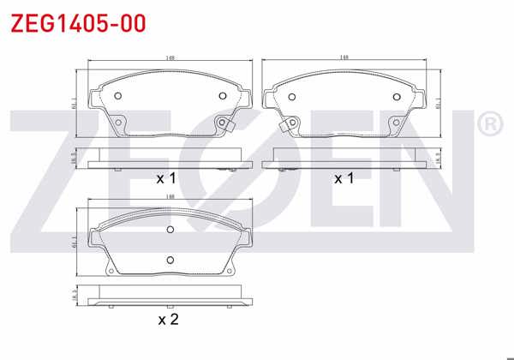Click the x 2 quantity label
pyautogui.click(x=167, y=320)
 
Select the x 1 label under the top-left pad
pyautogui.click(x=165, y=178)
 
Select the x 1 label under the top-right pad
pyautogui.click(x=344, y=178)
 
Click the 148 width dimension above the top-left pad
pyautogui.click(x=171, y=58)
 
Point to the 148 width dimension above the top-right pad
pyautogui.click(x=344, y=58)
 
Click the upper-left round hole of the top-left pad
pyautogui.click(x=119, y=95)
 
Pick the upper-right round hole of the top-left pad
pyautogui.click(x=224, y=95)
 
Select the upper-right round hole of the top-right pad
pyautogui.click(x=397, y=95)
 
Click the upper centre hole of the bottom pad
pyautogui.click(x=170, y=229)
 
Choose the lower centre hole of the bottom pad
pyautogui.click(x=170, y=260)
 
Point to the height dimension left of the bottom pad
pyautogui.click(x=77, y=243)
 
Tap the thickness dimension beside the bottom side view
pyautogui.click(x=75, y=294)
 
